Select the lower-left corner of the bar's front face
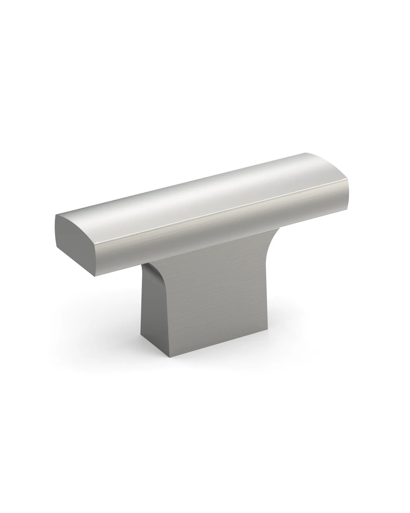[x=95, y=277]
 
